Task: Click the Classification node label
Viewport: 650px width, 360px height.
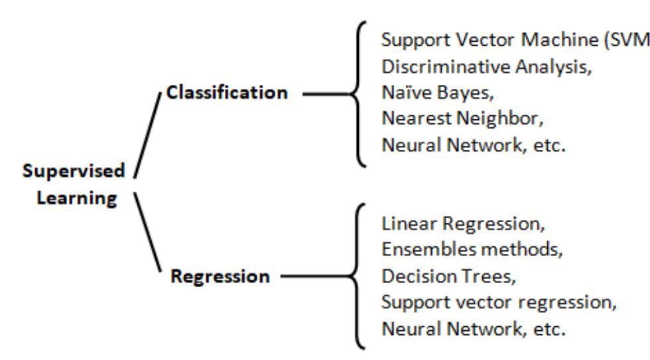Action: [x=227, y=93]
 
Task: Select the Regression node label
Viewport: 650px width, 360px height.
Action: [x=220, y=276]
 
